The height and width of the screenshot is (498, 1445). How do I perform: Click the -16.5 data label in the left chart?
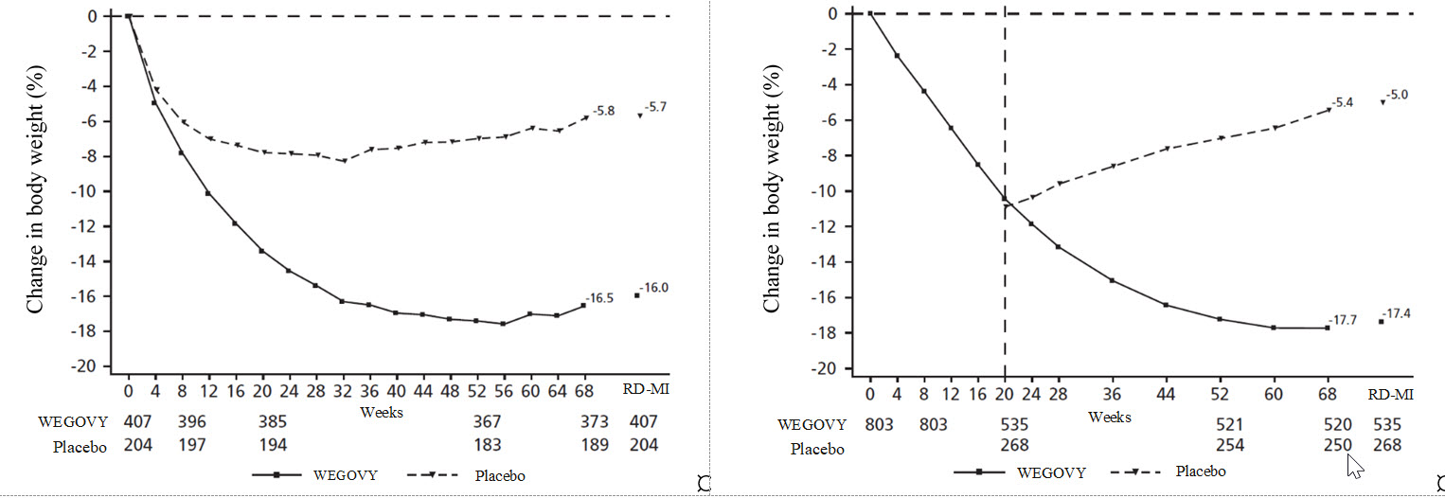point(602,297)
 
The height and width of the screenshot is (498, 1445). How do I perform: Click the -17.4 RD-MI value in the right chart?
point(1397,313)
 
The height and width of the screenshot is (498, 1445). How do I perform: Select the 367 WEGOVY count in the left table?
point(487,421)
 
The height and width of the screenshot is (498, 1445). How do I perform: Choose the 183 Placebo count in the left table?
point(487,445)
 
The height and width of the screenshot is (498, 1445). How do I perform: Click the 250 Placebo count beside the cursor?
point(1336,446)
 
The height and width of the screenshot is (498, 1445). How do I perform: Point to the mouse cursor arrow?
point(1354,465)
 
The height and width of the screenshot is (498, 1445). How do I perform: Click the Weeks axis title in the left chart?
point(382,412)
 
